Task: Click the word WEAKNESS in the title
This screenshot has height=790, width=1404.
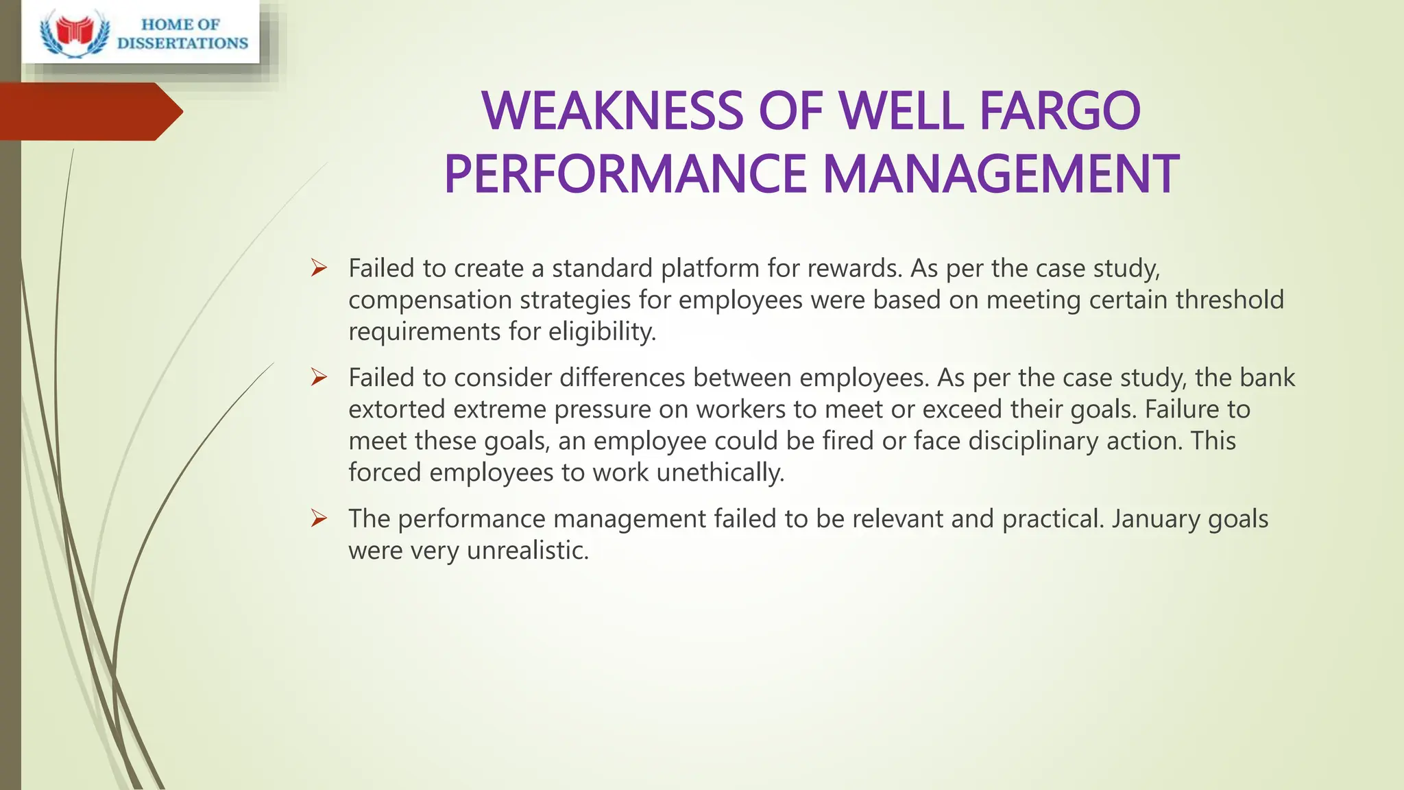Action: point(612,111)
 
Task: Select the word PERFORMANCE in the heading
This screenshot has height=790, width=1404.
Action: point(626,174)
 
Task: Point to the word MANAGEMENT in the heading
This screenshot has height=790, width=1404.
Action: point(1000,174)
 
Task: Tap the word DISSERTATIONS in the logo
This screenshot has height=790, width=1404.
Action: point(182,43)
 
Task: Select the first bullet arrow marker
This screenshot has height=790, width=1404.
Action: point(319,268)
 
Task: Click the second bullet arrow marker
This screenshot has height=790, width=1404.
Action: point(319,377)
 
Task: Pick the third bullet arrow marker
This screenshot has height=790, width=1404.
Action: point(319,518)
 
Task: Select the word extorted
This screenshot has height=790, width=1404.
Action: point(396,409)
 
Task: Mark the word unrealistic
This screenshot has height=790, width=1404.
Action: point(527,550)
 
